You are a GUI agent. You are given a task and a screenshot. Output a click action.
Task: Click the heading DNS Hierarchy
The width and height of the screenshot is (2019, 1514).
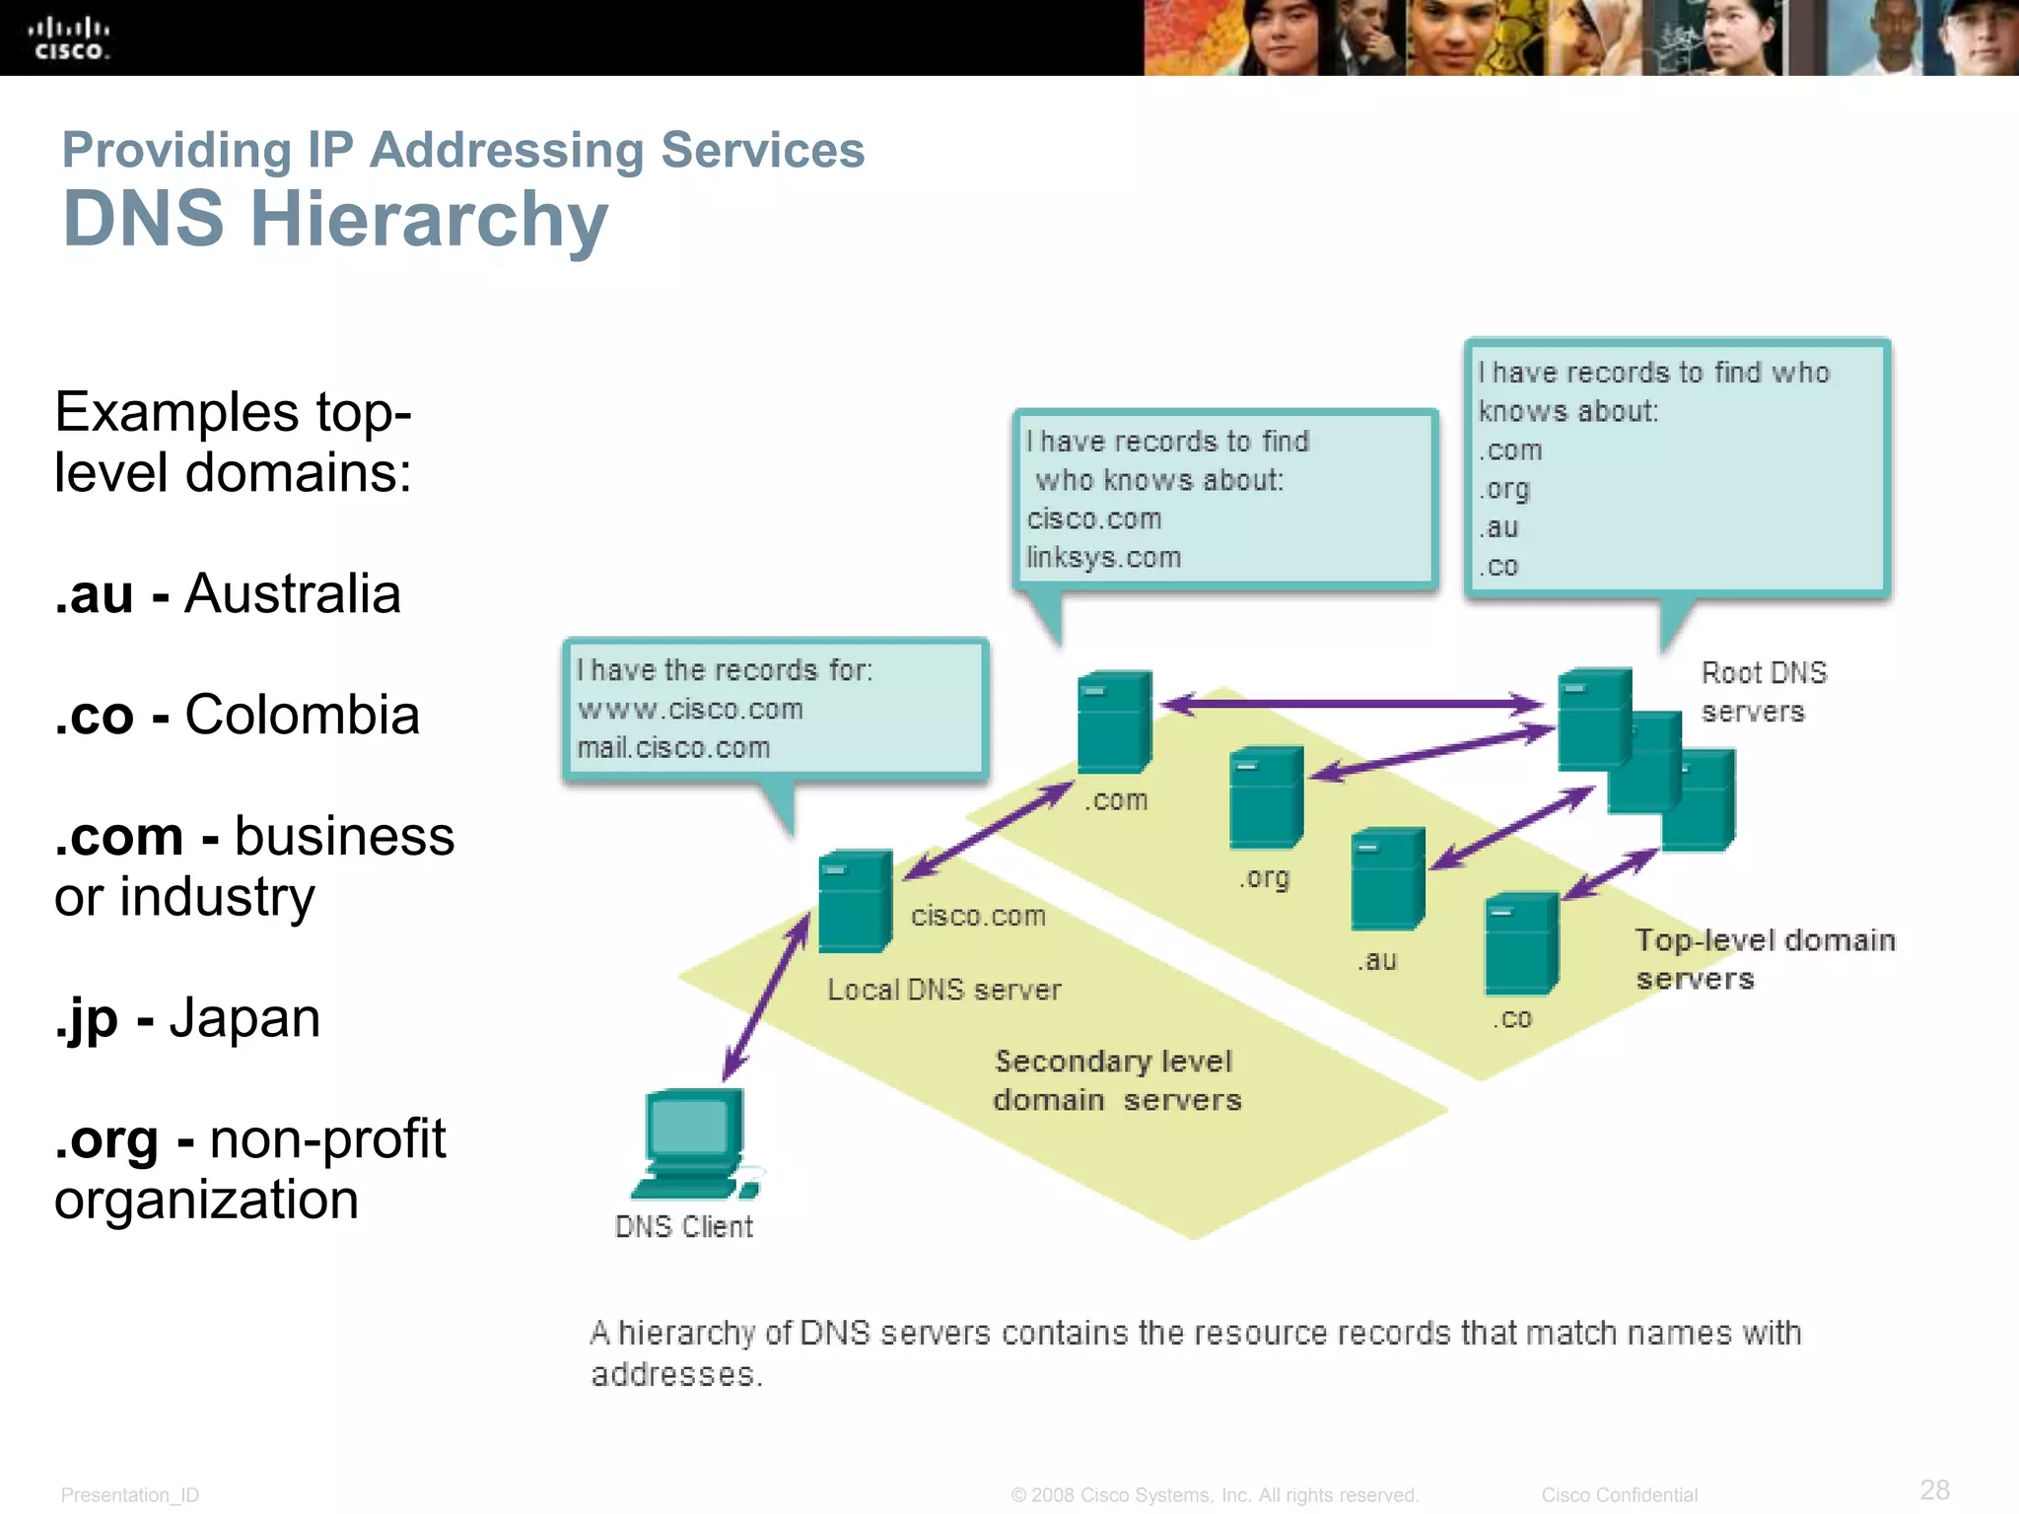[x=335, y=219]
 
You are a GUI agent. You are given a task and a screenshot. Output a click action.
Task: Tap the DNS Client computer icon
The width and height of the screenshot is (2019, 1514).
[x=693, y=1143]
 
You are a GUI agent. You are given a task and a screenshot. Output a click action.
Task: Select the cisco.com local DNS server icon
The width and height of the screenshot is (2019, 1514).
[x=855, y=901]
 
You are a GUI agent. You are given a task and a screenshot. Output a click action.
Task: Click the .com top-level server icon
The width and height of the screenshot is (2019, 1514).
[x=1114, y=722]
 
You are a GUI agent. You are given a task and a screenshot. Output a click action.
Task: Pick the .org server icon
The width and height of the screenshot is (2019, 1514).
[x=1266, y=797]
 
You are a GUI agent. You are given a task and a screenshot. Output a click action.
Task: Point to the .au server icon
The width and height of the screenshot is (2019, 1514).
[x=1387, y=879]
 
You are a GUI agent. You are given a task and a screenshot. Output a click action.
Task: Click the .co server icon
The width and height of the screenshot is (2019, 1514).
[x=1521, y=944]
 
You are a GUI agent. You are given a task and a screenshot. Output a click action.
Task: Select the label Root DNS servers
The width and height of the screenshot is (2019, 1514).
[x=1763, y=692]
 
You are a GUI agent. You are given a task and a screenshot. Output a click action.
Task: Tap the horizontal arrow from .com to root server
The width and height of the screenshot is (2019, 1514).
[x=1352, y=704]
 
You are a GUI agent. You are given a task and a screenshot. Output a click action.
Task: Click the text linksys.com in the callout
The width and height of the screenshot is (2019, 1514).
[x=1103, y=558]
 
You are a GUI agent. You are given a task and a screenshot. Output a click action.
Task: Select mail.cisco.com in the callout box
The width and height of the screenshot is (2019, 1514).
[x=673, y=748]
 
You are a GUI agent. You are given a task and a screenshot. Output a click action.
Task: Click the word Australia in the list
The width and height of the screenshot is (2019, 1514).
[x=293, y=594]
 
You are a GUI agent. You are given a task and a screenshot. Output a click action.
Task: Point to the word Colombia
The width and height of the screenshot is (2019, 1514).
[x=302, y=716]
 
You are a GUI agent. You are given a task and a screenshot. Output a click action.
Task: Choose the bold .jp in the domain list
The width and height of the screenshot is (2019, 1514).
[x=86, y=1018]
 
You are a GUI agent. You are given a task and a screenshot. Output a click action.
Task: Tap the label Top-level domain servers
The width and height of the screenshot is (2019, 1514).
[x=1764, y=958]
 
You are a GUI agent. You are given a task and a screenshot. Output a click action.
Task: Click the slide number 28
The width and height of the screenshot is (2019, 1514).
[x=1934, y=1489]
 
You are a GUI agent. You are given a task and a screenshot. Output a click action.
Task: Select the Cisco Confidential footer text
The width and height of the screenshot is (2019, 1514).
[x=1619, y=1495]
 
